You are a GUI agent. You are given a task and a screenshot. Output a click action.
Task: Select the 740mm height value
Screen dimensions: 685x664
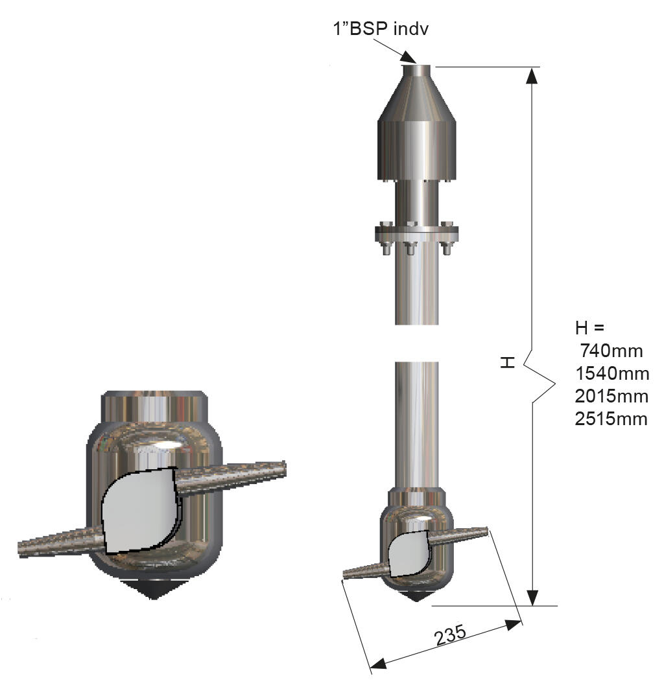pyautogui.click(x=611, y=351)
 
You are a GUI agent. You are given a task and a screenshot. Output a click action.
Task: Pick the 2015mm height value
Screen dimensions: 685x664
pyautogui.click(x=611, y=396)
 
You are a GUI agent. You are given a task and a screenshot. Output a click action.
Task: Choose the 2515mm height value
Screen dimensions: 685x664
pyautogui.click(x=611, y=419)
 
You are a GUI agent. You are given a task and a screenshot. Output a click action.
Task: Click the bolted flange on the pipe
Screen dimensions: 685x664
pyautogui.click(x=416, y=231)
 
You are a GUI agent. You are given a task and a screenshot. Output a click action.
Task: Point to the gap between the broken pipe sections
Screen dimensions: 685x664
pyautogui.click(x=417, y=343)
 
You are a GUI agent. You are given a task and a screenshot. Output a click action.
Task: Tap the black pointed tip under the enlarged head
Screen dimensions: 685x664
pyautogui.click(x=154, y=589)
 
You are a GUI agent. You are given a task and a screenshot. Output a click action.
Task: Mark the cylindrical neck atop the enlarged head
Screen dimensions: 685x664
pyautogui.click(x=154, y=407)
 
